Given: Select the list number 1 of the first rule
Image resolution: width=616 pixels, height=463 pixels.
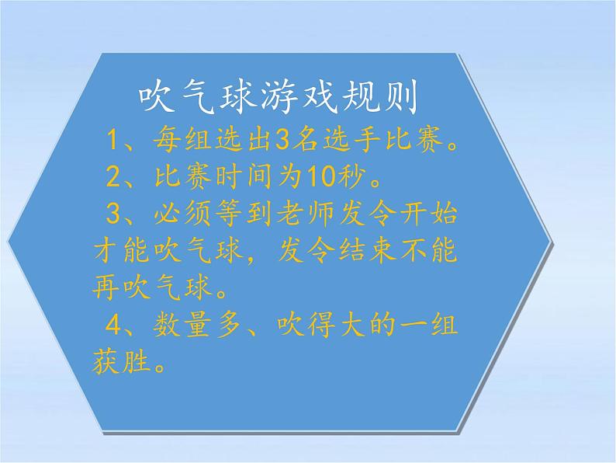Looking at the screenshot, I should pos(116,141).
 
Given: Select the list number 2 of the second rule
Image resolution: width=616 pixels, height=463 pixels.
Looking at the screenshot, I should pos(116,179).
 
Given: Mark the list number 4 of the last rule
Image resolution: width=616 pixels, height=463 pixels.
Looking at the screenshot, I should pos(116,327).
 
